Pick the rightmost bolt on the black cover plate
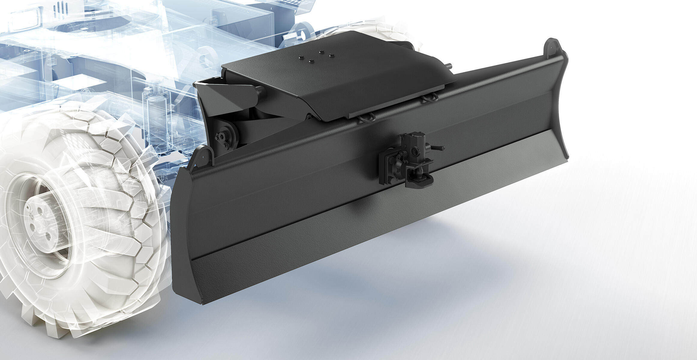click(332, 55)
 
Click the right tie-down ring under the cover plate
click(429, 99)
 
